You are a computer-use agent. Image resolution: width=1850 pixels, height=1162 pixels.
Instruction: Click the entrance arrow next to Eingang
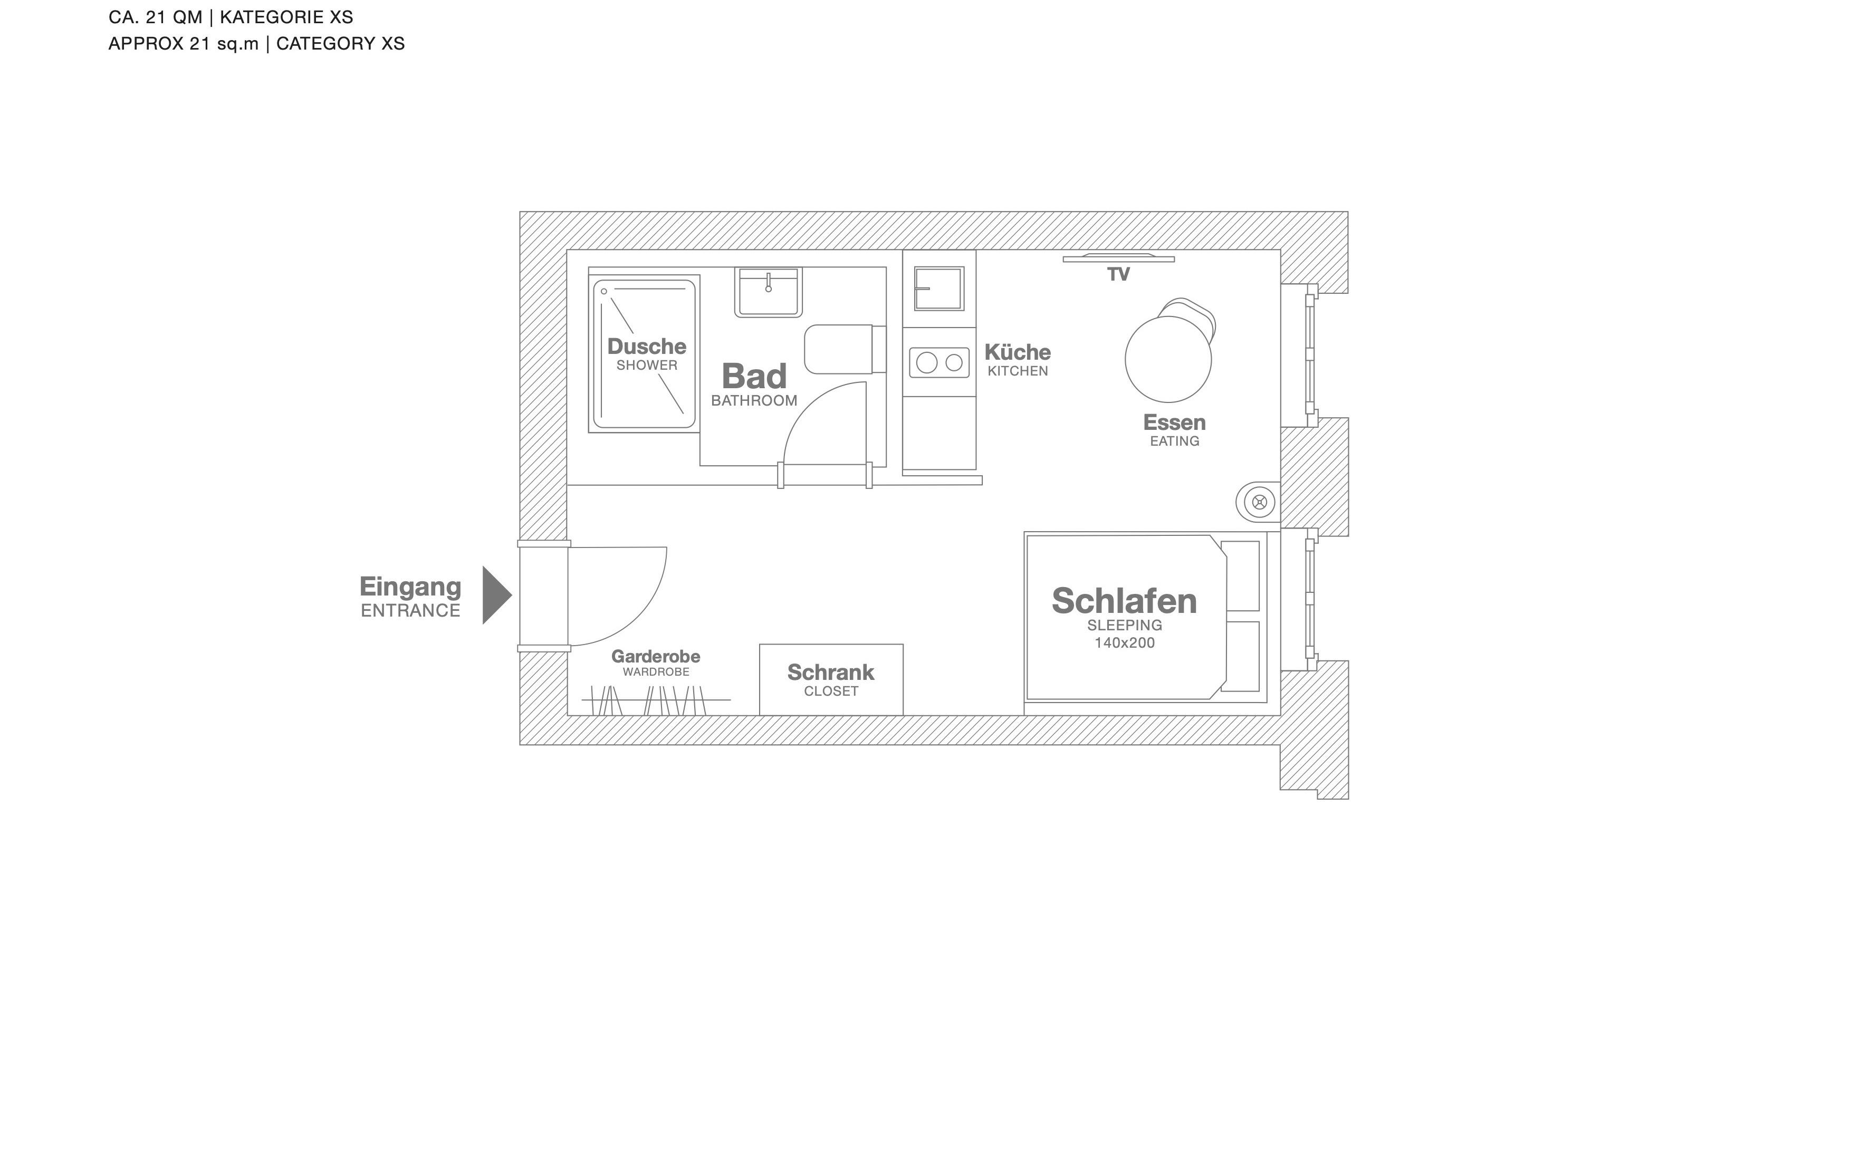495,595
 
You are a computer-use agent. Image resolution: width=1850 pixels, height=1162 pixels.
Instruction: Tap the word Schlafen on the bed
1124,601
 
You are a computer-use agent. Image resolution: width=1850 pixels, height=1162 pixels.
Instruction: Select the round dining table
1168,359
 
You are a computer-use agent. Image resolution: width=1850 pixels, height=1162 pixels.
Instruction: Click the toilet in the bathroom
845,350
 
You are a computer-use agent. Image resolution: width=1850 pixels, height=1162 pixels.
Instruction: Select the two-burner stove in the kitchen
939,362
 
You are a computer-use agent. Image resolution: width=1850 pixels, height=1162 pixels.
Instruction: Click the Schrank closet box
831,680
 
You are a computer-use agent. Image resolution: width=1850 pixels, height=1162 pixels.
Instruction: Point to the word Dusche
647,347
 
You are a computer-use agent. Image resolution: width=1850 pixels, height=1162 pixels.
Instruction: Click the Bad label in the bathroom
754,376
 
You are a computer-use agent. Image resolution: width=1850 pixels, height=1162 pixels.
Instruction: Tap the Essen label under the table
1174,422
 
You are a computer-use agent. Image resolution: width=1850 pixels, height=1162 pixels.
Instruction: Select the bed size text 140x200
1124,643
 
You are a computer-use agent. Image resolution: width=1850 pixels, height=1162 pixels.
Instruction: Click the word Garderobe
655,657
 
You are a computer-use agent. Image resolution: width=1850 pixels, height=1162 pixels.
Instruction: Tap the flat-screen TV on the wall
1119,258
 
